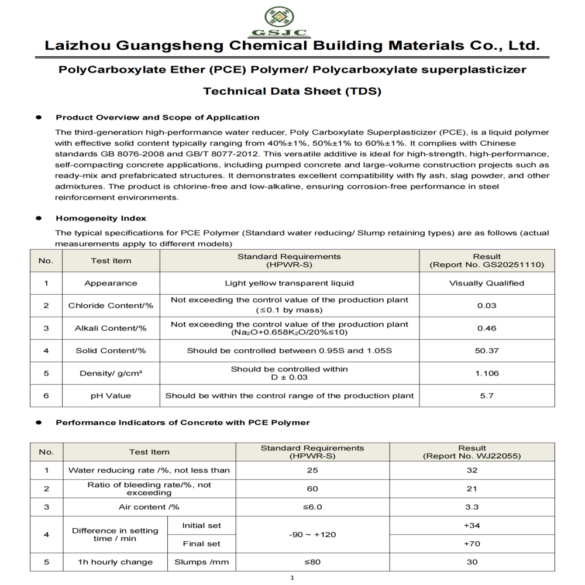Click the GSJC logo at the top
tap(287, 22)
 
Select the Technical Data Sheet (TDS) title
tap(292, 91)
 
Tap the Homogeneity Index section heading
tap(101, 218)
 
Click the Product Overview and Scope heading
tap(157, 118)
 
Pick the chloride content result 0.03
tap(487, 305)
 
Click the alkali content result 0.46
tap(487, 328)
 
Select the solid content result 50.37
tap(487, 350)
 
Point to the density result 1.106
tap(487, 373)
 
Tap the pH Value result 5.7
tap(487, 395)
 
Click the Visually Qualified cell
tap(487, 283)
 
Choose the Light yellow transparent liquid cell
tap(289, 283)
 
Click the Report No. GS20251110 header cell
tap(487, 261)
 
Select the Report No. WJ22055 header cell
tap(472, 452)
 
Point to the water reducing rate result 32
tap(472, 470)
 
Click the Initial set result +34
tap(472, 525)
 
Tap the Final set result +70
tap(472, 543)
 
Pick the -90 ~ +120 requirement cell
tap(312, 535)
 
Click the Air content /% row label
tap(149, 507)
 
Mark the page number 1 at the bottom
tap(292, 578)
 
